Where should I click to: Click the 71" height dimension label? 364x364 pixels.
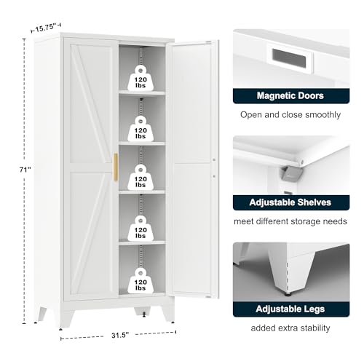pyautogui.click(x=25, y=170)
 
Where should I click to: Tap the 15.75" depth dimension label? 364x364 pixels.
pyautogui.click(x=46, y=27)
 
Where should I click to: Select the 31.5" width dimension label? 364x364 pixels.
pyautogui.click(x=119, y=335)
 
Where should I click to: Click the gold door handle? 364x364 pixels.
pyautogui.click(x=116, y=167)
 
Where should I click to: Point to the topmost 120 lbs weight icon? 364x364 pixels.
pyautogui.click(x=141, y=78)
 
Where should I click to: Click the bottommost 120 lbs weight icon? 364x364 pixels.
pyautogui.click(x=141, y=280)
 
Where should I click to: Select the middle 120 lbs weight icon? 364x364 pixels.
pyautogui.click(x=141, y=178)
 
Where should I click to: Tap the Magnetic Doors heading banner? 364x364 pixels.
pyautogui.click(x=291, y=96)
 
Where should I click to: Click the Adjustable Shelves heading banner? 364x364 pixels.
pyautogui.click(x=291, y=202)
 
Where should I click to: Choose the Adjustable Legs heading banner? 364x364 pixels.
pyautogui.click(x=291, y=309)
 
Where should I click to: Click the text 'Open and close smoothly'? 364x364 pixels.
pyautogui.click(x=290, y=115)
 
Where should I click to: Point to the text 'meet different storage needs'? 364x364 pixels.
pyautogui.click(x=290, y=221)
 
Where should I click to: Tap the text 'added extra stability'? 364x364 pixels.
pyautogui.click(x=290, y=328)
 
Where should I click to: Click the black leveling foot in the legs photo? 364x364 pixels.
pyautogui.click(x=288, y=294)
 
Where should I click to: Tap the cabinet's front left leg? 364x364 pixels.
pyautogui.click(x=66, y=318)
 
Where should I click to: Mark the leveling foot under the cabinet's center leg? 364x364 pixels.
pyautogui.click(x=144, y=314)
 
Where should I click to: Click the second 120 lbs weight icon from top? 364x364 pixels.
pyautogui.click(x=141, y=129)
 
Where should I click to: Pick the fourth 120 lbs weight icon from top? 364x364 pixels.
pyautogui.click(x=141, y=229)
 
